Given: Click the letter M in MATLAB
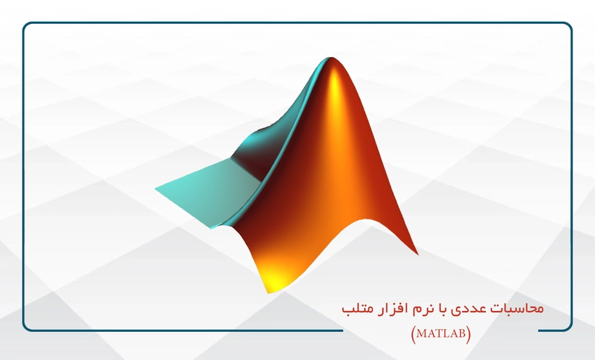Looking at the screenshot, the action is click(x=421, y=334).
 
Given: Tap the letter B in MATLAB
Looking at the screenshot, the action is click(x=462, y=334).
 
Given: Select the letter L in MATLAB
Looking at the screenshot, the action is click(x=445, y=334).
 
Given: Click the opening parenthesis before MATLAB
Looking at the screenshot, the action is click(x=414, y=335).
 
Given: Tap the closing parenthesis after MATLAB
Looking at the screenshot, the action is click(x=468, y=335).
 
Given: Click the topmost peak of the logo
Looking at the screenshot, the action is click(x=332, y=58).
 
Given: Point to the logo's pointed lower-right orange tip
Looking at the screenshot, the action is click(x=417, y=254).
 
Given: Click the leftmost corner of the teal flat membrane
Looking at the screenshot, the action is click(x=155, y=188).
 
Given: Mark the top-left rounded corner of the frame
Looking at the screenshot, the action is click(x=25, y=25).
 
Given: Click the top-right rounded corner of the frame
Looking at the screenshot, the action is click(x=569, y=25).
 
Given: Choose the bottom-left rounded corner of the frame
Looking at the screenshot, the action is click(x=25, y=328).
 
